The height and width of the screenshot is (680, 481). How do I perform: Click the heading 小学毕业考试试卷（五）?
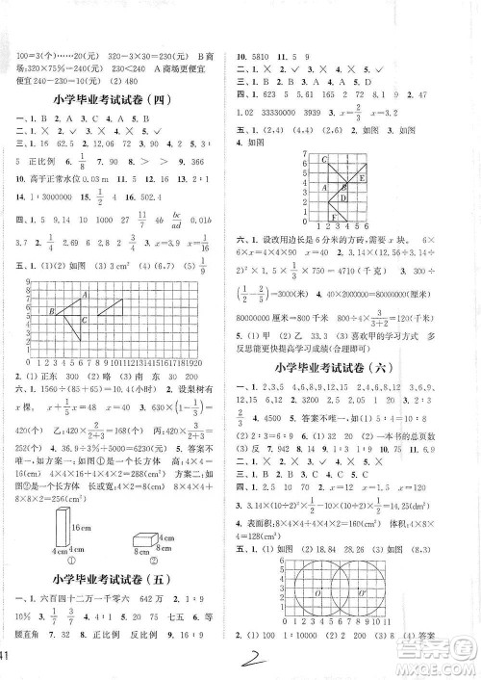click(117, 579)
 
